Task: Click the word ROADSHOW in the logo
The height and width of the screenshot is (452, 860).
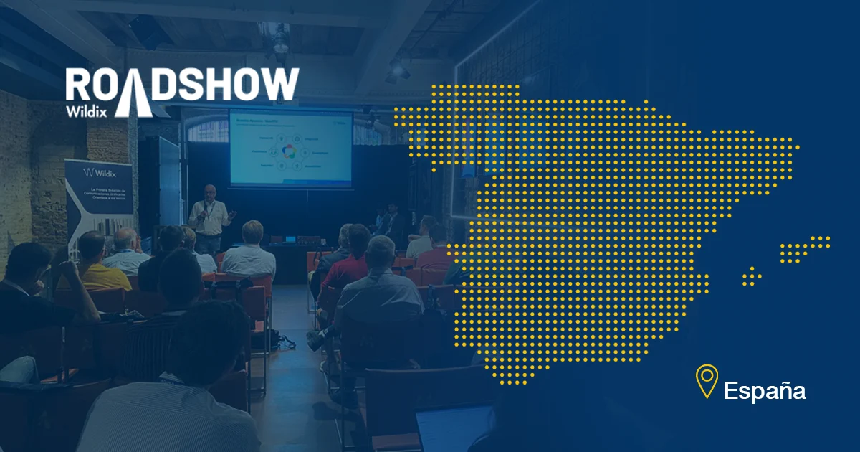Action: tap(182, 85)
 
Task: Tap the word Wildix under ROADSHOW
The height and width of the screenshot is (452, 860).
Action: tap(87, 110)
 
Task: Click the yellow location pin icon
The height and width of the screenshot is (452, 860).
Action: tap(707, 381)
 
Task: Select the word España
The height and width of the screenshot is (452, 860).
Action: tap(765, 391)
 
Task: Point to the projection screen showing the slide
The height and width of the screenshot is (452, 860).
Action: tap(291, 148)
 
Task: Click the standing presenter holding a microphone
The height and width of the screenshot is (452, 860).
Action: tap(209, 218)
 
